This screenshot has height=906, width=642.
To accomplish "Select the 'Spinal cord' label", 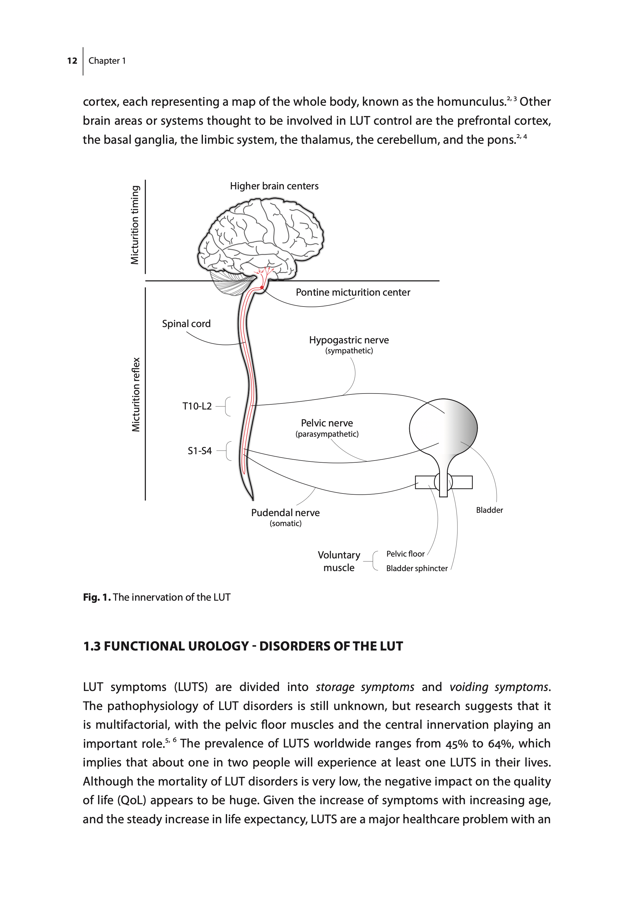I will coord(186,323).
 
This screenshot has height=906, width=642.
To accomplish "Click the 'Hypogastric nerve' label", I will coord(349,340).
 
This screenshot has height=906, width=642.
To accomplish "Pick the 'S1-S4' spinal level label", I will coord(200,451).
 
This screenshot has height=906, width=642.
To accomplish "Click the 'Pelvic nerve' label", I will coord(327,423).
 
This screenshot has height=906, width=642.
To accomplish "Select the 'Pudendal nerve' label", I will coord(285,513).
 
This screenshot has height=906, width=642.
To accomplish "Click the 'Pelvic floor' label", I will coord(405,554).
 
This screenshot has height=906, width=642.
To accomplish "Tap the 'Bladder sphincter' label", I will coord(417,568).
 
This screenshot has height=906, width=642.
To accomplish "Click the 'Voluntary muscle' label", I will coord(339,561).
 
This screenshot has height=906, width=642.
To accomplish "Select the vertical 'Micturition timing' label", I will coord(135,225).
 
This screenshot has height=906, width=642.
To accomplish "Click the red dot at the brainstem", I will coord(262,288).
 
